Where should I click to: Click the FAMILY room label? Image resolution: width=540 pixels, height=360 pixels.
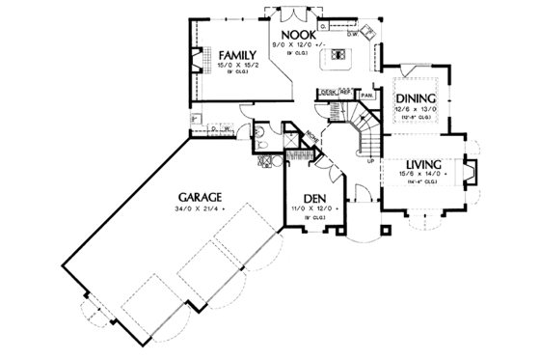pos(235,53)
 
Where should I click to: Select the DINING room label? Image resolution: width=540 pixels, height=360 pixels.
pos(415,97)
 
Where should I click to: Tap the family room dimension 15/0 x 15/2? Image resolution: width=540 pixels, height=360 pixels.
pos(235,66)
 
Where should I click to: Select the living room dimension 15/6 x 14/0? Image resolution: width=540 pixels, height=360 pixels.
pos(418,173)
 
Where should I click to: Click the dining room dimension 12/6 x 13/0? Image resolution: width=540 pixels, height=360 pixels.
pos(415,109)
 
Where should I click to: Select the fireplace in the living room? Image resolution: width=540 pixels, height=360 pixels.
pos(472,171)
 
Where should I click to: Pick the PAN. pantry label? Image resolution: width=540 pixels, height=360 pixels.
pos(366,96)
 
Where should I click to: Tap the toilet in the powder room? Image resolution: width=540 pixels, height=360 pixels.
pos(262,145)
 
